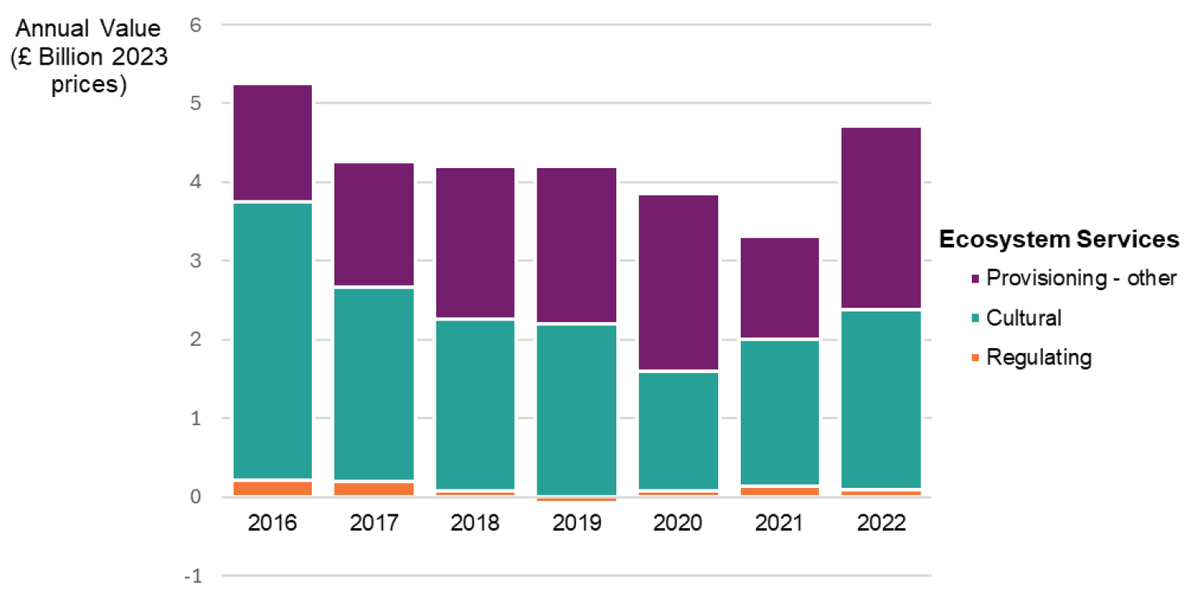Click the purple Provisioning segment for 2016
pos(272,142)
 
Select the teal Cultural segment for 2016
pos(272,340)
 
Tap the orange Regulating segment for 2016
pos(272,489)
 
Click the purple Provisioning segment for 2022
pos(881,217)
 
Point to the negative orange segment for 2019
pos(577,499)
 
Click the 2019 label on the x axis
pos(577,523)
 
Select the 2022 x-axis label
pos(881,523)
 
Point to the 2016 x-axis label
pos(272,523)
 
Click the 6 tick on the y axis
pos(195,25)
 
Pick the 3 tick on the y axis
pos(195,261)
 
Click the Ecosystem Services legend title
pos(1058,240)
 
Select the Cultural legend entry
pos(1024,318)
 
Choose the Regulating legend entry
pos(1038,357)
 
